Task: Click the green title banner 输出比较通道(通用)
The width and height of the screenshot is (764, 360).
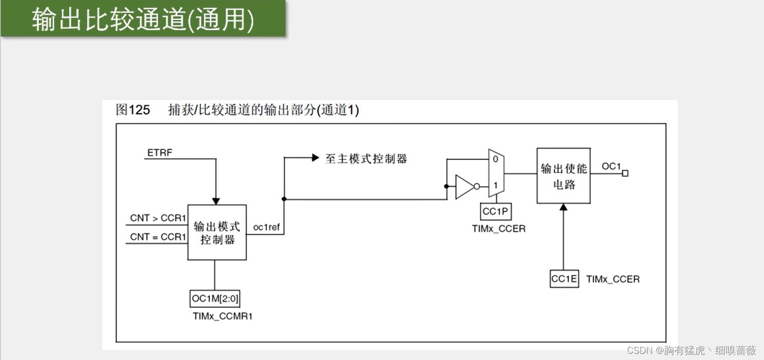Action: tap(143, 19)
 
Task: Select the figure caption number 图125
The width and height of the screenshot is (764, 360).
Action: tap(133, 110)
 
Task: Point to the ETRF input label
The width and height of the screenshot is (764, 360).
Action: tap(160, 153)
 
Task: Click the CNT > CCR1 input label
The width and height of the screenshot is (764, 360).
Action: tap(158, 218)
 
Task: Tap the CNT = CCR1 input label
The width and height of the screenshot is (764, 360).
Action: tap(158, 237)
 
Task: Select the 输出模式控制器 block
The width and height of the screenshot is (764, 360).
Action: tap(217, 233)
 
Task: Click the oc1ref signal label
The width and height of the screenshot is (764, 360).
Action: tap(267, 227)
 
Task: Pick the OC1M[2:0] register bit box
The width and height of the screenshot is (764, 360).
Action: tap(215, 298)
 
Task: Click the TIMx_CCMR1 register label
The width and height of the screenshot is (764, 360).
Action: tap(223, 316)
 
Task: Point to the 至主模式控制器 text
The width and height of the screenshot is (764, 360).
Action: tap(366, 158)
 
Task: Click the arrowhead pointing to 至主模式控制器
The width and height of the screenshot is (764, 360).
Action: tap(316, 158)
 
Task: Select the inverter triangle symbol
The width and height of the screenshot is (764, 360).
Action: tap(464, 186)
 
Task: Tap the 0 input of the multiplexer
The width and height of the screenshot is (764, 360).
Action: tap(495, 159)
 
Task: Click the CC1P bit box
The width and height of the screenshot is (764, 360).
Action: tap(496, 211)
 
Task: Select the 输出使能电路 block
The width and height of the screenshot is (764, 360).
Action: tap(563, 176)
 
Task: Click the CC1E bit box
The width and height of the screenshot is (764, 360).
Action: tap(564, 279)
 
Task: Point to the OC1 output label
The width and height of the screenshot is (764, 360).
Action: tap(611, 166)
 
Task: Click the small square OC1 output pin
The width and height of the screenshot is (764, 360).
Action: tap(625, 173)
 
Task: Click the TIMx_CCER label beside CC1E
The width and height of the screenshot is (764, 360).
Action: tap(613, 279)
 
